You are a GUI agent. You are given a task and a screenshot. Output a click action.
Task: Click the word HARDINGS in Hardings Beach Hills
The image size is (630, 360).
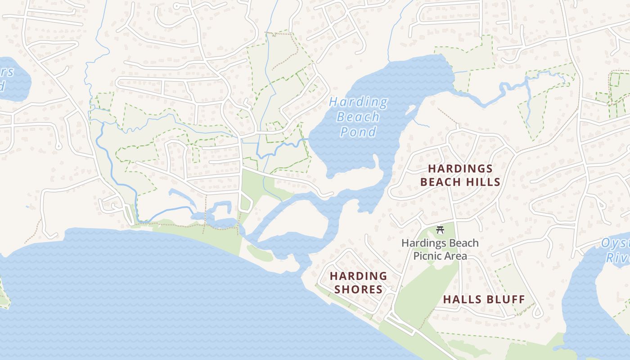[x=460, y=169]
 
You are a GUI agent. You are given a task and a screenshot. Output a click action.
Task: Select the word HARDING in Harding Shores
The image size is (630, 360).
[x=358, y=276]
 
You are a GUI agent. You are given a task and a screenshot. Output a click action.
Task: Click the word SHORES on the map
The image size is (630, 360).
[x=358, y=289]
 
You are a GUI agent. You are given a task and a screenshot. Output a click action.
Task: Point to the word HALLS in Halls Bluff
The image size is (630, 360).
[x=462, y=299]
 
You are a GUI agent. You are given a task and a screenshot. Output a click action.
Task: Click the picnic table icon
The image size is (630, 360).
[x=440, y=230]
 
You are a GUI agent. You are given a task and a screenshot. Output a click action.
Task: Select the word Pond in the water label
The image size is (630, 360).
[x=358, y=132]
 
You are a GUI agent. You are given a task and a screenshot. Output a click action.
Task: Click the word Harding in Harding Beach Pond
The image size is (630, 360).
[x=358, y=102]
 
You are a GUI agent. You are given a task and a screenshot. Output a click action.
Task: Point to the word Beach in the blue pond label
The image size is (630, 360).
[x=358, y=117]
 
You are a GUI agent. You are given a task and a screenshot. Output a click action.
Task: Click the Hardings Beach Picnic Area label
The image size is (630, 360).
[x=440, y=249]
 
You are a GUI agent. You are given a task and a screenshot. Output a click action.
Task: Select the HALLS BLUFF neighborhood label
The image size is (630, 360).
[x=484, y=299]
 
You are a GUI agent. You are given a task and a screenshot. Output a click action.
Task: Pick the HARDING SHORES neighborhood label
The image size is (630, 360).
[x=358, y=283]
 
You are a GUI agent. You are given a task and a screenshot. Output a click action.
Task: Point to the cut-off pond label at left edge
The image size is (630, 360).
[x=6, y=78]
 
